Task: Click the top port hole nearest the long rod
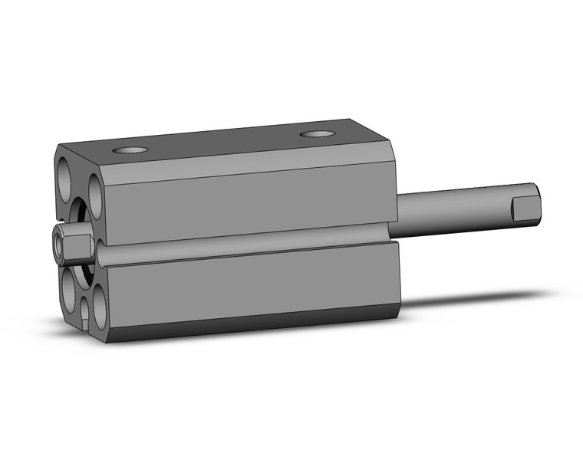tap(318, 135)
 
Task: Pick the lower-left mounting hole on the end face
tap(69, 283)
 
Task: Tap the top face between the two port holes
tap(222, 143)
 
